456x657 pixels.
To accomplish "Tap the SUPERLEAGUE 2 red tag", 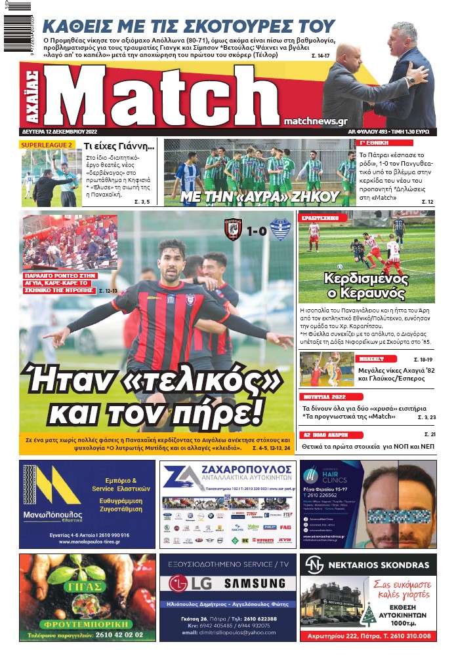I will [x=47, y=144].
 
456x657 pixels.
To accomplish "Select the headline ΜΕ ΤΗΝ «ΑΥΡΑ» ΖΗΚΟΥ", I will [x=256, y=196].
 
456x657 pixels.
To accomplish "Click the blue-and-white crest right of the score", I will [x=280, y=230].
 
